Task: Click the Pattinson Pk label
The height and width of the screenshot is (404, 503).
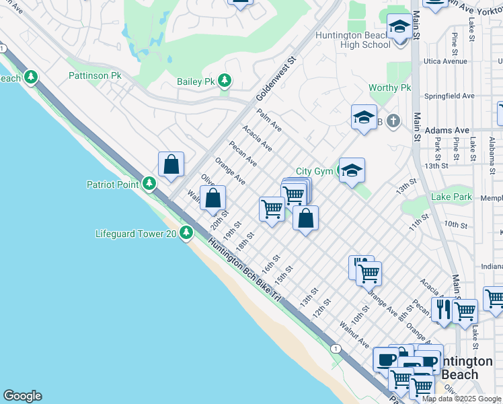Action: [x=95, y=76]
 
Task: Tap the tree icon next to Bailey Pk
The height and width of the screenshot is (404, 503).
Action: [x=224, y=81]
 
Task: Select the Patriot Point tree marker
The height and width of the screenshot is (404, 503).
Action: [x=149, y=184]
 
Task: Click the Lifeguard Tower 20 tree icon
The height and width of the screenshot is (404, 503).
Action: [x=186, y=234]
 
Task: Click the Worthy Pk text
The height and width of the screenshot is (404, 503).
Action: [x=389, y=88]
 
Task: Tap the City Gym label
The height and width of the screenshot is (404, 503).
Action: [x=314, y=172]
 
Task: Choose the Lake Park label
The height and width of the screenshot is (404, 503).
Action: [x=453, y=197]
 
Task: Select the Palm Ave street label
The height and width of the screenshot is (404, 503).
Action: [x=269, y=123]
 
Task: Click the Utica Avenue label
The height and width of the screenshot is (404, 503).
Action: [x=445, y=61]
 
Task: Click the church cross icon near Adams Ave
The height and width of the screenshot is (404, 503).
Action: [x=393, y=121]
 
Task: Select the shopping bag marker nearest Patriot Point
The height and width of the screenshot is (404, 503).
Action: [x=171, y=164]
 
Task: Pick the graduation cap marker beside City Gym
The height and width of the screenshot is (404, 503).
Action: [x=352, y=171]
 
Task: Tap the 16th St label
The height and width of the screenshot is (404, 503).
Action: [x=270, y=263]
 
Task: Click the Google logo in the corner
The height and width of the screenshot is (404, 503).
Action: [x=22, y=396]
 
